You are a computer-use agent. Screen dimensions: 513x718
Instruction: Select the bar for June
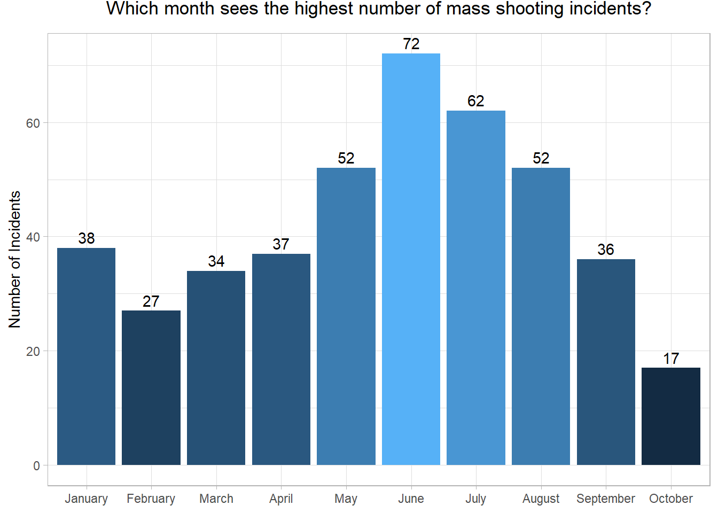(x=411, y=259)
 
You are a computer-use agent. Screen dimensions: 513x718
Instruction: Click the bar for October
(x=670, y=416)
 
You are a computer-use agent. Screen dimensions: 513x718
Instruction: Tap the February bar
(x=151, y=387)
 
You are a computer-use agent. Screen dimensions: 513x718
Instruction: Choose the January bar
(x=86, y=356)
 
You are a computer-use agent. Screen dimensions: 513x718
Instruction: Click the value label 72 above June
(x=411, y=44)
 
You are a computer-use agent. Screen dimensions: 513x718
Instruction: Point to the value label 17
(x=670, y=359)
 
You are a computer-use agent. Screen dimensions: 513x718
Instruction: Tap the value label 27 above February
(x=151, y=301)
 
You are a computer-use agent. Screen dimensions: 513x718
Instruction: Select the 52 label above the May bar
(x=346, y=158)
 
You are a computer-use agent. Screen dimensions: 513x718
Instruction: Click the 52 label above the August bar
(x=541, y=158)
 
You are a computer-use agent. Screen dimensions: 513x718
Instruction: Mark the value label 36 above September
(x=605, y=250)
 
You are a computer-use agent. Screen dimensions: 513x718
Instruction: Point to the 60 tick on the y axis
(x=33, y=123)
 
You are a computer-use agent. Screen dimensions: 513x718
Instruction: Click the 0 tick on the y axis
(x=36, y=465)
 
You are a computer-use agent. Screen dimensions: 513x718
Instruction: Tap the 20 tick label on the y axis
(x=33, y=352)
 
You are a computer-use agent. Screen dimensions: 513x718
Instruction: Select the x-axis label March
(x=216, y=499)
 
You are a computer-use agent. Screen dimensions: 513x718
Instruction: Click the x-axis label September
(x=605, y=499)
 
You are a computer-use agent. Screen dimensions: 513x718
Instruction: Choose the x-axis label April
(x=281, y=499)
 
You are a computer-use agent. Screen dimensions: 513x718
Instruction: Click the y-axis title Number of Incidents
(x=14, y=259)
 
